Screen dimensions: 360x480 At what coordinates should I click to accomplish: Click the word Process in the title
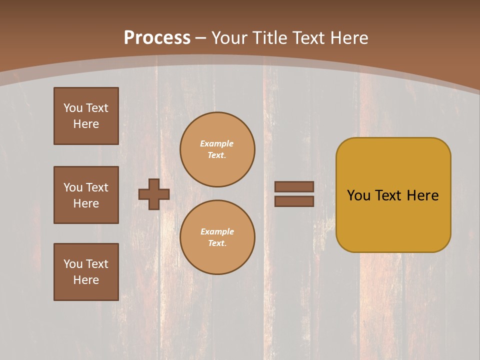pos(157,38)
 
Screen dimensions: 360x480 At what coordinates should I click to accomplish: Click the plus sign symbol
pos(154,194)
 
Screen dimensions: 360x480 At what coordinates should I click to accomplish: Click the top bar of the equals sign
pos(294,187)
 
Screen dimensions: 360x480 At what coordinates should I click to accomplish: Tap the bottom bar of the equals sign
pos(294,201)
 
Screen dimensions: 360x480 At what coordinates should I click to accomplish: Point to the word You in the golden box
pos(358,195)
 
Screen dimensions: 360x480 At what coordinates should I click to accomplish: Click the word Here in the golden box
pos(422,195)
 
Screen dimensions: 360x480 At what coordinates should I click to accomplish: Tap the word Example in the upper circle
pos(217,143)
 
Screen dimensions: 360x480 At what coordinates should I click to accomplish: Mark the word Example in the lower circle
pos(217,231)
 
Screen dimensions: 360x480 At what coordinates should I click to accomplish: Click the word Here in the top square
pos(86,124)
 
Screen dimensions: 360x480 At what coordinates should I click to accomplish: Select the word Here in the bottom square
pos(86,280)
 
